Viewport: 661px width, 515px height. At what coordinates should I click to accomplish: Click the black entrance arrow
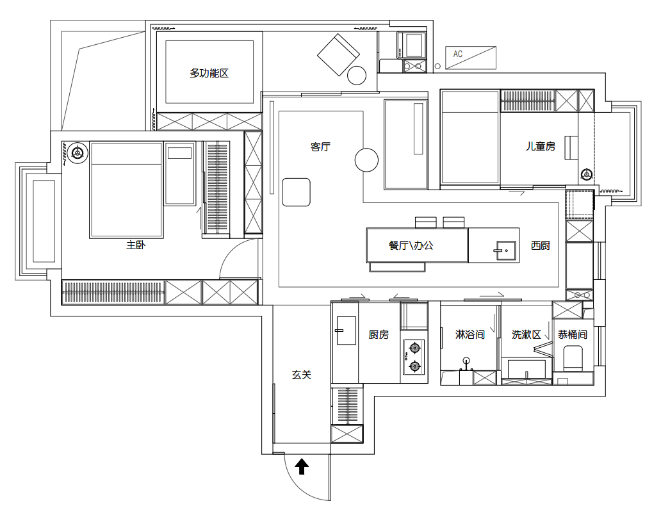(302, 466)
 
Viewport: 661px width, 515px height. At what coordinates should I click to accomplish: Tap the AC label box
(471, 58)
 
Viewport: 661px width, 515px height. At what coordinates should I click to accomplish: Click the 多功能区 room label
(209, 73)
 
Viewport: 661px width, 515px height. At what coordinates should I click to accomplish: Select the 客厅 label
(320, 147)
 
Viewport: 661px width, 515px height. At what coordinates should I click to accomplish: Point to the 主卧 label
(136, 245)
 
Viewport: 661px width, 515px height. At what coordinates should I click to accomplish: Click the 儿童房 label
(541, 146)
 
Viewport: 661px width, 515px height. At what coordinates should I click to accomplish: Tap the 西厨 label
(541, 245)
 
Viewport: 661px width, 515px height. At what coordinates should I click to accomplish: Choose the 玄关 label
(302, 375)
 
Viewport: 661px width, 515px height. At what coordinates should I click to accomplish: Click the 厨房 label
(379, 334)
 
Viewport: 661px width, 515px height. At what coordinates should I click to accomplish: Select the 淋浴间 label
(470, 334)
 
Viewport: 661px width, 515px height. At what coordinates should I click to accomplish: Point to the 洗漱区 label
(526, 334)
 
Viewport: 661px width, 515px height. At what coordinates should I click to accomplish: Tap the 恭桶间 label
(573, 334)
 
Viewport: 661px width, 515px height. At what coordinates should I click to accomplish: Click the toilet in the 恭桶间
(573, 358)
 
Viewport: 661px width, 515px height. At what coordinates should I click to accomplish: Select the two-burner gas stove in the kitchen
(414, 357)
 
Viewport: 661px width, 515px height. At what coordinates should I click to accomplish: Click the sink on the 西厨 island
(505, 250)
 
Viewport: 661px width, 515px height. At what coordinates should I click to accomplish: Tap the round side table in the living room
(366, 160)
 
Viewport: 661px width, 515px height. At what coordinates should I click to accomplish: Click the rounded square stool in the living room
(296, 192)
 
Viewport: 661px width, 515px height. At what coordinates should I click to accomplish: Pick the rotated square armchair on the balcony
(339, 55)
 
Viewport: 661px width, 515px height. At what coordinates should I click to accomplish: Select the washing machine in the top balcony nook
(411, 45)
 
